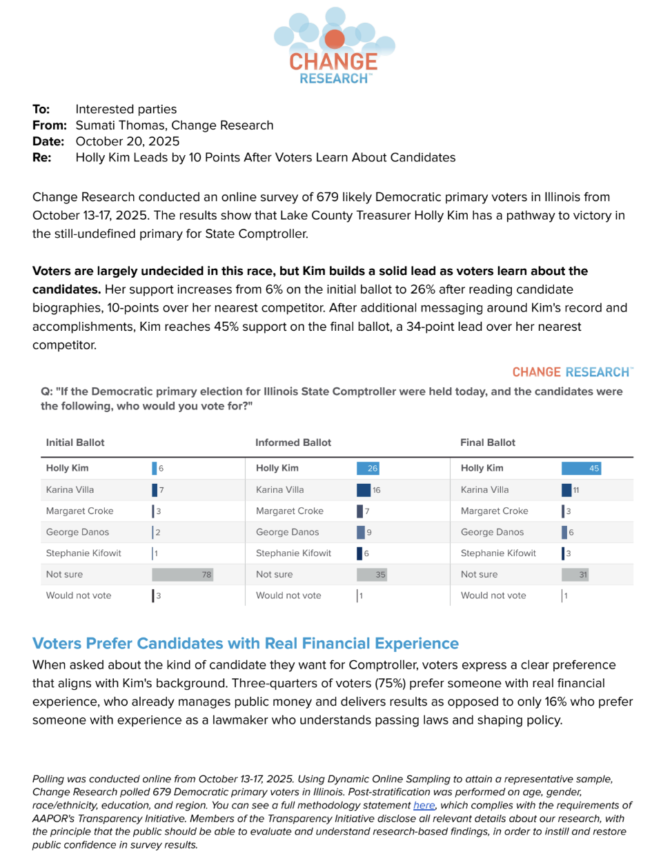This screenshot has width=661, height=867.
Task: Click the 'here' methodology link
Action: [424, 805]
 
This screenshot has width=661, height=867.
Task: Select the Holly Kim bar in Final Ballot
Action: [581, 468]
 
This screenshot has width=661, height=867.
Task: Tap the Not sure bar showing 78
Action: [182, 574]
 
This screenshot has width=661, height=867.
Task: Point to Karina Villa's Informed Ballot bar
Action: [364, 490]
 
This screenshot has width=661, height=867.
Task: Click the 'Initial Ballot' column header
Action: [75, 442]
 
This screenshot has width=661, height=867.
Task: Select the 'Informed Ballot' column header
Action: [293, 442]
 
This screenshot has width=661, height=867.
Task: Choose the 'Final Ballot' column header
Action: [488, 442]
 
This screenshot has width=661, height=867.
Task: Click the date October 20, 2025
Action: [128, 141]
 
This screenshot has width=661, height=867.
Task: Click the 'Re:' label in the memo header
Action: [42, 158]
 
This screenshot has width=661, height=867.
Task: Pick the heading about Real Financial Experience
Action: [246, 643]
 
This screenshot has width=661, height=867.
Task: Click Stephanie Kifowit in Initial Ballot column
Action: [83, 553]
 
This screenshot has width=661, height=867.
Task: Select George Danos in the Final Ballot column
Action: [492, 532]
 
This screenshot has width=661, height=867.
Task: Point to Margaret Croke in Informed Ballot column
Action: [290, 511]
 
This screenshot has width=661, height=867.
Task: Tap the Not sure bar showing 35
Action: [371, 574]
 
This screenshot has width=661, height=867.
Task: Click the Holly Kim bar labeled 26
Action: [368, 468]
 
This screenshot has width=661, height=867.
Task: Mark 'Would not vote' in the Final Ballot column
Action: [493, 595]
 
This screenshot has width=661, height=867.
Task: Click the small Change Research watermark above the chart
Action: [572, 372]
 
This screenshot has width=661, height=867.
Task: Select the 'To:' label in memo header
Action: [41, 110]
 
